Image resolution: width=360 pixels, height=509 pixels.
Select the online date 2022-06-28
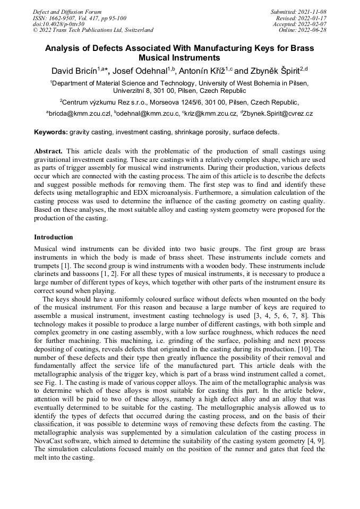tap(314, 30)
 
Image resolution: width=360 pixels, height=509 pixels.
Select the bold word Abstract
tap(48, 151)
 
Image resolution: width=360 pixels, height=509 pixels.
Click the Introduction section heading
tap(54, 237)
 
